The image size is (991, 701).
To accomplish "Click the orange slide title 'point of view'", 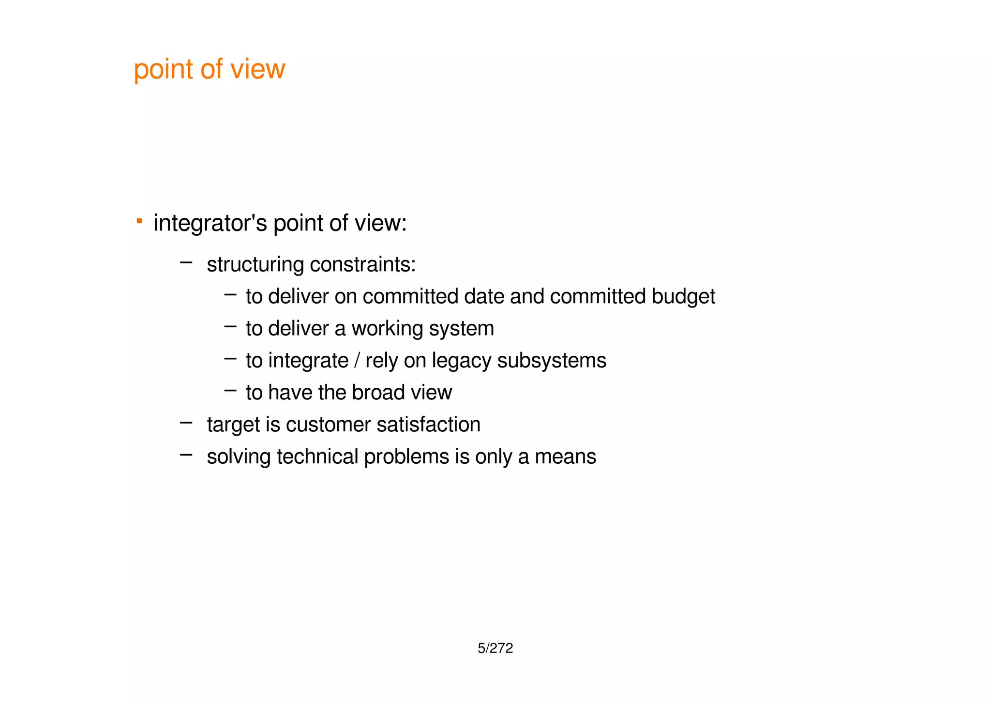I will (x=209, y=69).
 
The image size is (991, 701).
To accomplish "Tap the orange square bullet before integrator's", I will (x=139, y=221).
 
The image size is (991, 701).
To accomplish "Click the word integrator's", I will (x=210, y=223).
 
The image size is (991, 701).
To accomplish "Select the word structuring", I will (x=255, y=265).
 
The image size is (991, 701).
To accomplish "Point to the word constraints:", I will (x=362, y=265).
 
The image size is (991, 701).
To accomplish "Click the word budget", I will (x=683, y=297).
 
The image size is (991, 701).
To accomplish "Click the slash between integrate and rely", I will (x=357, y=361).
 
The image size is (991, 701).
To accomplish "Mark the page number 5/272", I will (x=495, y=648).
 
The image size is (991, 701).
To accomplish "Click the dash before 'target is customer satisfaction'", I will (x=186, y=423).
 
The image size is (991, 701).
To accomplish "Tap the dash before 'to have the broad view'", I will (x=230, y=390).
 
